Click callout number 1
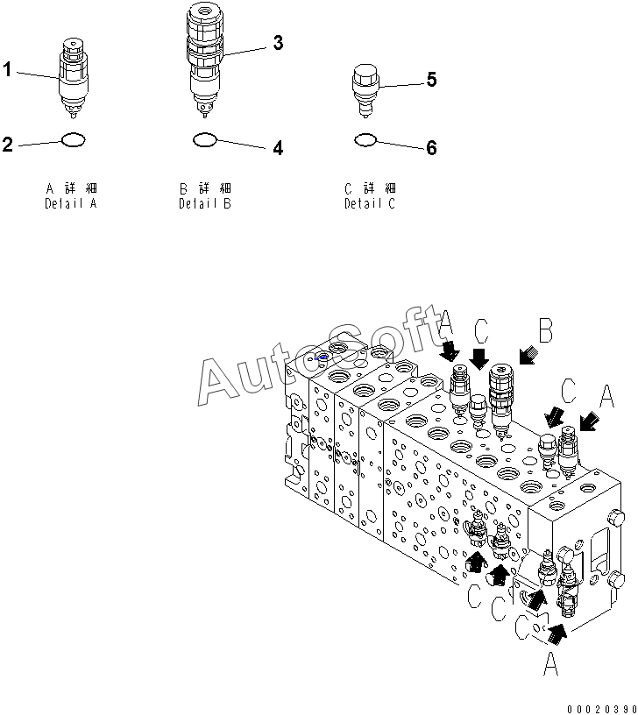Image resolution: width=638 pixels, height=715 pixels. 8,70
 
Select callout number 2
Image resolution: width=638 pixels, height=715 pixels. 8,145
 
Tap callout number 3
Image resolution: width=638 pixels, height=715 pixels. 278,42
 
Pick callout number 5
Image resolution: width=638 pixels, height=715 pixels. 431,80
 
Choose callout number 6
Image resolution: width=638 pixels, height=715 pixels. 431,149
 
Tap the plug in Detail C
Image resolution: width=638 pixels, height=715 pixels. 365,88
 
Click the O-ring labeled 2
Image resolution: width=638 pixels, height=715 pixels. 74,140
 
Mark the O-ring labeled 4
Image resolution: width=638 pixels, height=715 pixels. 204,138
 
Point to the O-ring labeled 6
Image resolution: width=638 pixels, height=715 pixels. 365,139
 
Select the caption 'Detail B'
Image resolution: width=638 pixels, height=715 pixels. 205,203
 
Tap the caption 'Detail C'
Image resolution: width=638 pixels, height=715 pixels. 369,203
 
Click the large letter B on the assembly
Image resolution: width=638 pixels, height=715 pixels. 545,331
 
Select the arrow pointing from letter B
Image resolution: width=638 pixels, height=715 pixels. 528,354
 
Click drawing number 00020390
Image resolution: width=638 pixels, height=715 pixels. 601,708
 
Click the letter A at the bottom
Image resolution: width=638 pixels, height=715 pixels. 550,667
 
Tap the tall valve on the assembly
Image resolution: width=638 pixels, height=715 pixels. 501,398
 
